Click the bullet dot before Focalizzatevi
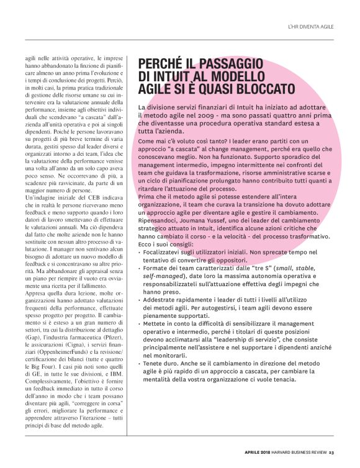[140, 252]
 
